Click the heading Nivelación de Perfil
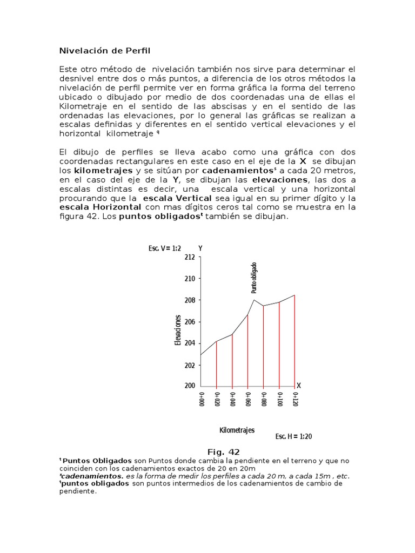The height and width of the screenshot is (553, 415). tap(104, 51)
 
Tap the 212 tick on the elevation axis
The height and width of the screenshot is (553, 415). tap(190, 258)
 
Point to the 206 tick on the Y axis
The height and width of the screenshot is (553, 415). tap(190, 322)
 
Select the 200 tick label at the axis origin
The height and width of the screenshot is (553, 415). tap(190, 386)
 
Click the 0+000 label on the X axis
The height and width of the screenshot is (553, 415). tap(200, 401)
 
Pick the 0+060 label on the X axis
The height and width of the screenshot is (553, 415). tap(247, 401)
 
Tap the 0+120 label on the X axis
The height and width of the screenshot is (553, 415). tap(295, 401)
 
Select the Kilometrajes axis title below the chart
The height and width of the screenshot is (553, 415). tap(237, 430)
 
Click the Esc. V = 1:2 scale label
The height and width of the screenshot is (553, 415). tap(164, 248)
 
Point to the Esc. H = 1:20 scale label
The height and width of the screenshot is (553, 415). tap(293, 436)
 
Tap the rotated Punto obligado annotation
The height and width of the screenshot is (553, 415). tap(254, 278)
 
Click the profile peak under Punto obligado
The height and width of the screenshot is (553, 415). tap(254, 300)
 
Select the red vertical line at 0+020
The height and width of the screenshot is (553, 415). tap(216, 365)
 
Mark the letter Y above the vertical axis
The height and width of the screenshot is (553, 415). tap(200, 248)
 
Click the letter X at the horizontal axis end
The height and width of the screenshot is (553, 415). tap(298, 386)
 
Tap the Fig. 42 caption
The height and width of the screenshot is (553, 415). tap(224, 451)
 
